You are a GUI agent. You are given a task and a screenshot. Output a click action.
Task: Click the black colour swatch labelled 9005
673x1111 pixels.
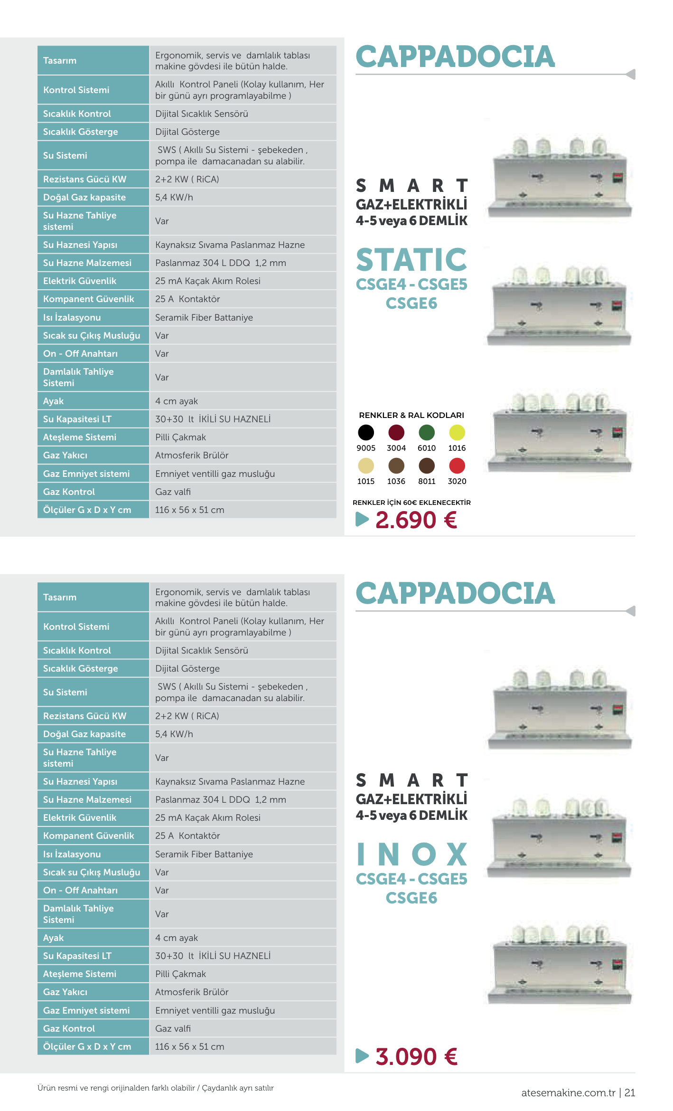(x=366, y=433)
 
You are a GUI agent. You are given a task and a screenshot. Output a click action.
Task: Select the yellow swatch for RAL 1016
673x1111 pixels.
(x=457, y=433)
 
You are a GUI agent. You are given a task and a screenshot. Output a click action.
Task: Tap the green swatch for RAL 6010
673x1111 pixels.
(x=427, y=433)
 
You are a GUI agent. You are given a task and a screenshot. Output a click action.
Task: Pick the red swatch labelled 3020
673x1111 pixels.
(x=457, y=466)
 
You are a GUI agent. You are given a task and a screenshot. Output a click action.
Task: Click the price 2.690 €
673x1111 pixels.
(x=416, y=520)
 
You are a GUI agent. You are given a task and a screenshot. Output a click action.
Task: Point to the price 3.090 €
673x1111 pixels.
(x=416, y=1057)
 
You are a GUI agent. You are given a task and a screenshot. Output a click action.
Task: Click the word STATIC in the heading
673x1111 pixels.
(x=411, y=260)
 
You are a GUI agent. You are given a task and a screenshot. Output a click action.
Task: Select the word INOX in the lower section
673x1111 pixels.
(x=411, y=855)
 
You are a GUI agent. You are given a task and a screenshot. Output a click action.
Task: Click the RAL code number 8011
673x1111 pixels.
(x=427, y=481)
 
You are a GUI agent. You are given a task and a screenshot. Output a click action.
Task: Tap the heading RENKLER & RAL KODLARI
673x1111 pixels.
(x=411, y=415)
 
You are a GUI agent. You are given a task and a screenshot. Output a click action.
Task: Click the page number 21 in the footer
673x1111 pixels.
(x=630, y=1092)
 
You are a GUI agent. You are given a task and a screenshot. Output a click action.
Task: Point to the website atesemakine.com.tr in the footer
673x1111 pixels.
(x=568, y=1092)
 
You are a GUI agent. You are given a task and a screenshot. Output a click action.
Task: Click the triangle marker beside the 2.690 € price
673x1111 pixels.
(x=362, y=519)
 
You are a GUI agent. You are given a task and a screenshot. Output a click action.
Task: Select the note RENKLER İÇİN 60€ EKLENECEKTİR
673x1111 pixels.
(x=411, y=503)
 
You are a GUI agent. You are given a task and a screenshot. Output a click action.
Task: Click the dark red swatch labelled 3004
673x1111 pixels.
(x=396, y=433)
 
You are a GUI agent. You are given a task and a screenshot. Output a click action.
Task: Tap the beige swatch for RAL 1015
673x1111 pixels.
(x=366, y=466)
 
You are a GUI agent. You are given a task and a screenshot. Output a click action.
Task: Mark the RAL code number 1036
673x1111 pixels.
(x=396, y=481)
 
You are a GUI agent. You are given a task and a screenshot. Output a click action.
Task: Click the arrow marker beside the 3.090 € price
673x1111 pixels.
(x=362, y=1056)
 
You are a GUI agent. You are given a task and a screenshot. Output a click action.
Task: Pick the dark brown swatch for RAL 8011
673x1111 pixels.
(x=427, y=466)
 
